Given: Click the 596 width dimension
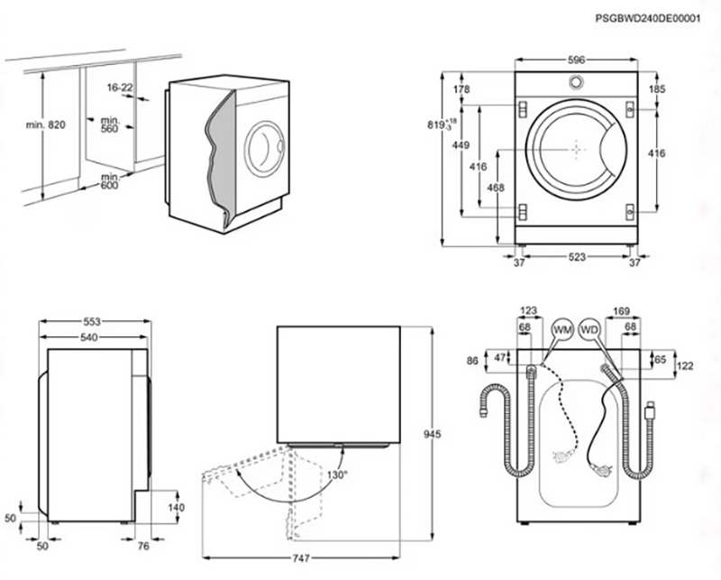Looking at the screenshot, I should click(577, 60).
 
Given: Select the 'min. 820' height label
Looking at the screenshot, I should click(46, 124).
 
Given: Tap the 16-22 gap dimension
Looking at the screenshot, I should click(119, 87).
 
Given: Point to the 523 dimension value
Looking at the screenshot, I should click(577, 257).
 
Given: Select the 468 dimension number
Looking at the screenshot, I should click(494, 187).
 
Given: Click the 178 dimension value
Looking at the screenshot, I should click(461, 89).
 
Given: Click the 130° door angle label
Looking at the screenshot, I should click(337, 474).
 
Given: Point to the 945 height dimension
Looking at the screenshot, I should click(432, 435).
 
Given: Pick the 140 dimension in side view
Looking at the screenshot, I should click(176, 508).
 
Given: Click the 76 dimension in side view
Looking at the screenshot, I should click(143, 547).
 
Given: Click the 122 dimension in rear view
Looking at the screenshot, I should click(685, 365).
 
